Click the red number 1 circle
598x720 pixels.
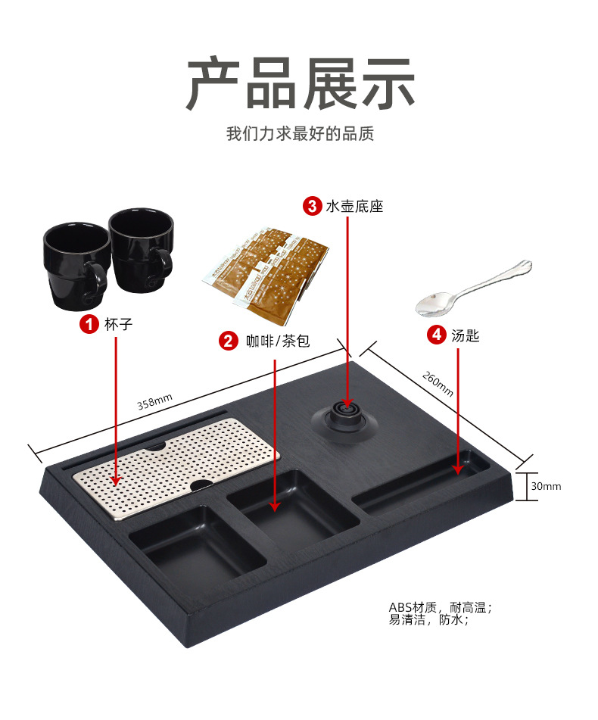click(89, 324)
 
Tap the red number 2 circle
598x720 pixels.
click(228, 341)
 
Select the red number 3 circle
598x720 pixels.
click(312, 206)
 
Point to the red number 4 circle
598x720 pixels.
click(437, 335)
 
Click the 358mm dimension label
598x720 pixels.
click(154, 401)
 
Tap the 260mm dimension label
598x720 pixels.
click(438, 384)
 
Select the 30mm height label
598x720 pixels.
click(546, 486)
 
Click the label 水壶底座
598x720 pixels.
click(354, 206)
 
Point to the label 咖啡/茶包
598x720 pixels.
click(278, 341)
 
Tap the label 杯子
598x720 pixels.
click(118, 324)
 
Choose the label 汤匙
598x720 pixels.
click(465, 335)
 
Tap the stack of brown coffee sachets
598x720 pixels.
click(266, 273)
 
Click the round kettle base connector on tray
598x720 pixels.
click(344, 419)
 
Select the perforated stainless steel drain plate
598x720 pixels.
click(176, 467)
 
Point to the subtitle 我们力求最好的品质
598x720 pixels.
click(301, 133)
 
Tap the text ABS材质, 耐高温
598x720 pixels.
click(440, 607)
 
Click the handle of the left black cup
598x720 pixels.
click(98, 280)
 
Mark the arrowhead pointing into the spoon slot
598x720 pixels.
click(457, 469)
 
